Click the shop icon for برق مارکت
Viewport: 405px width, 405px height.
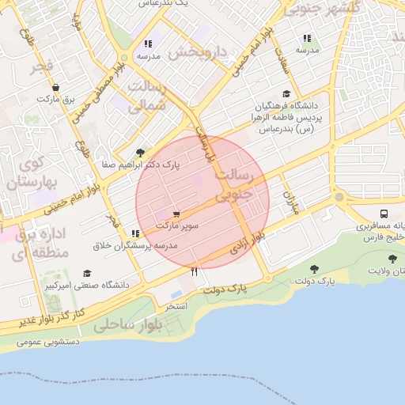pyautogui.click(x=55, y=88)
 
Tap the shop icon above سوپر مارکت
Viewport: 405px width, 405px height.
pyautogui.click(x=176, y=214)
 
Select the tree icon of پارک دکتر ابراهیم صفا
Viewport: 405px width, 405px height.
pyautogui.click(x=141, y=153)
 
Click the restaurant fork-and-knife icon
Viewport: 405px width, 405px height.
pyautogui.click(x=195, y=271)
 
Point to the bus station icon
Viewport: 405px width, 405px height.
pyautogui.click(x=384, y=214)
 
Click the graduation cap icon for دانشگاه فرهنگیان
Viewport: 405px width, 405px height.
pyautogui.click(x=285, y=93)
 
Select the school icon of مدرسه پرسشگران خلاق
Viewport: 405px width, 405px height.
pyautogui.click(x=136, y=234)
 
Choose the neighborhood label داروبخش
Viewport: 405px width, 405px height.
pyautogui.click(x=197, y=53)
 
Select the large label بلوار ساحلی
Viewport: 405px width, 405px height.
pyautogui.click(x=127, y=324)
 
